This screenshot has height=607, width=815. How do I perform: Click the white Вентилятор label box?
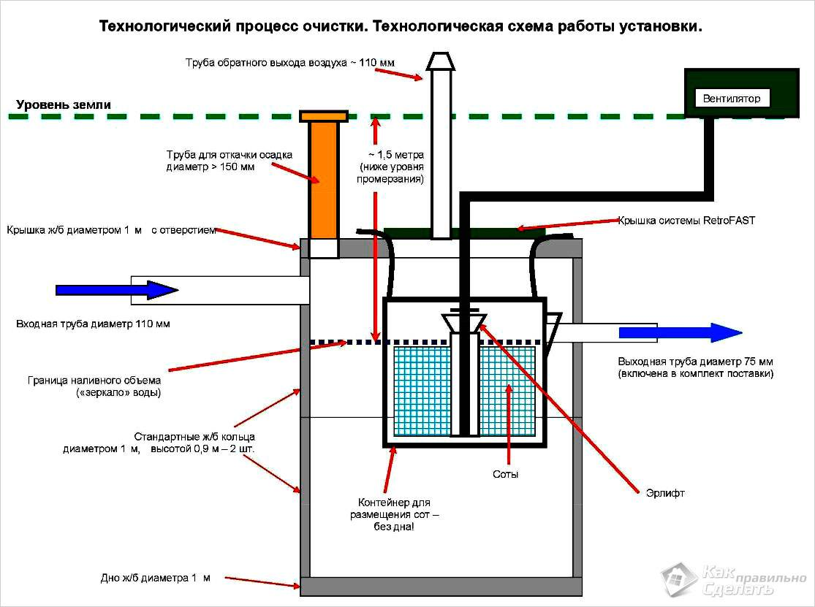pyautogui.click(x=732, y=98)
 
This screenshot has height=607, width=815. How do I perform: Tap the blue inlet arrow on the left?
pyautogui.click(x=117, y=290)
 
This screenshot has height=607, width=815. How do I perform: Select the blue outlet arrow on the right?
pyautogui.click(x=680, y=333)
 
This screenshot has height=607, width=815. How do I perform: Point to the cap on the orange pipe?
pyautogui.click(x=323, y=115)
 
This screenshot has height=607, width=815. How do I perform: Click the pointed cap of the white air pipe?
pyautogui.click(x=441, y=61)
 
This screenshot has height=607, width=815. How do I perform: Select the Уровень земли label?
pyautogui.click(x=64, y=104)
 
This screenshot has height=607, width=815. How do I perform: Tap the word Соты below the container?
pyautogui.click(x=506, y=474)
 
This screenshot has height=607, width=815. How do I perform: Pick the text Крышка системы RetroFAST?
pyautogui.click(x=686, y=220)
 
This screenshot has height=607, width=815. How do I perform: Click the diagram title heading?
pyautogui.click(x=401, y=27)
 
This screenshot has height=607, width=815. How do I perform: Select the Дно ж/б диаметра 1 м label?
pyautogui.click(x=155, y=578)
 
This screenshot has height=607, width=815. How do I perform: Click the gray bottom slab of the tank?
pyautogui.click(x=441, y=586)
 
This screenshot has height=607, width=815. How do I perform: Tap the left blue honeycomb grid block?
pyautogui.click(x=421, y=391)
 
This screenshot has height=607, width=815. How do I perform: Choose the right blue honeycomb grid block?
pyautogui.click(x=507, y=391)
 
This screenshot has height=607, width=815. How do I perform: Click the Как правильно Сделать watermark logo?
pyautogui.click(x=731, y=579)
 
